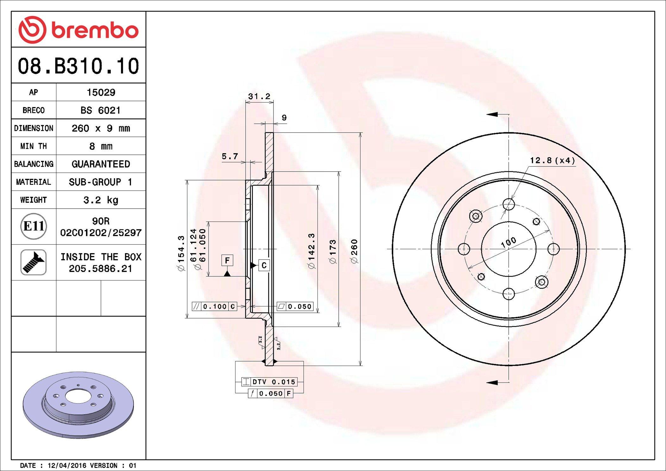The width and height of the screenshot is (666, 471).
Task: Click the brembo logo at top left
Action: [79, 30]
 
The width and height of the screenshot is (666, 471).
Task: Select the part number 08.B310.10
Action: [79, 66]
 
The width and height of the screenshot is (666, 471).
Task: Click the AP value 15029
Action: [101, 92]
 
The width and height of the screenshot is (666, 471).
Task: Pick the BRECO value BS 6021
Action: [101, 110]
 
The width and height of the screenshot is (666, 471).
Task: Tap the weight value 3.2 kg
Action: [101, 200]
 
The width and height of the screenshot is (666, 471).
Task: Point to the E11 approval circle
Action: [34, 226]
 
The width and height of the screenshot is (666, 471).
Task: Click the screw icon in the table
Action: [34, 262]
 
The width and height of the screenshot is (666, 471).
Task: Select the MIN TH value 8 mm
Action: [101, 146]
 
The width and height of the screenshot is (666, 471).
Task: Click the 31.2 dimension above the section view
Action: [259, 96]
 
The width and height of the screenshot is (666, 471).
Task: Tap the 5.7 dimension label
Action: [229, 156]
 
